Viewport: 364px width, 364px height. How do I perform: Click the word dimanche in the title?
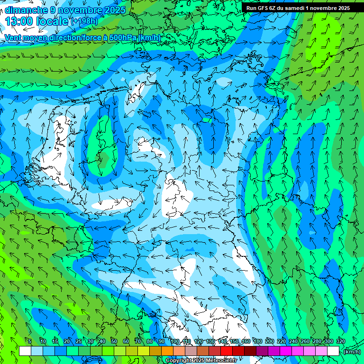click(26, 9)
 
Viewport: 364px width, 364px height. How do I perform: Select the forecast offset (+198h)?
click(84, 21)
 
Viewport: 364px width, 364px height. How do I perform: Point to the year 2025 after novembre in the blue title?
click(114, 9)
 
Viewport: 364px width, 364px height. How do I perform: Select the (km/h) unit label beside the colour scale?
click(352, 352)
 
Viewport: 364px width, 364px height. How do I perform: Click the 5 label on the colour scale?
click(30, 341)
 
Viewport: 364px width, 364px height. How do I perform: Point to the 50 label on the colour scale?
click(114, 341)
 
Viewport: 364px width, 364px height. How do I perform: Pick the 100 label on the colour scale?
click(175, 341)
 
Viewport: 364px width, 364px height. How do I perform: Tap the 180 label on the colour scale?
click(258, 341)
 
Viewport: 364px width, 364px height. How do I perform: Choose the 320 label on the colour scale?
click(341, 341)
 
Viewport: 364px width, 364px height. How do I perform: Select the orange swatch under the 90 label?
click(167, 351)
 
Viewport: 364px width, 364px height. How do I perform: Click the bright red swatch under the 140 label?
click(226, 351)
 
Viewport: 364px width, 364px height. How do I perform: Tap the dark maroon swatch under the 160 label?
click(250, 351)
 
